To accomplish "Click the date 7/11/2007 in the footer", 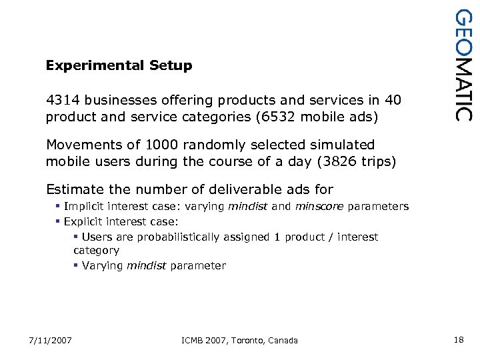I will pyautogui.click(x=50, y=340).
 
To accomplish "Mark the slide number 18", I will pyautogui.click(x=458, y=340).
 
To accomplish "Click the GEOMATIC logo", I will pyautogui.click(x=463, y=65).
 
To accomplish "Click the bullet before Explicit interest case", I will pyautogui.click(x=58, y=221).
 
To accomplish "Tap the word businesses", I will pyautogui.click(x=121, y=100).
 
